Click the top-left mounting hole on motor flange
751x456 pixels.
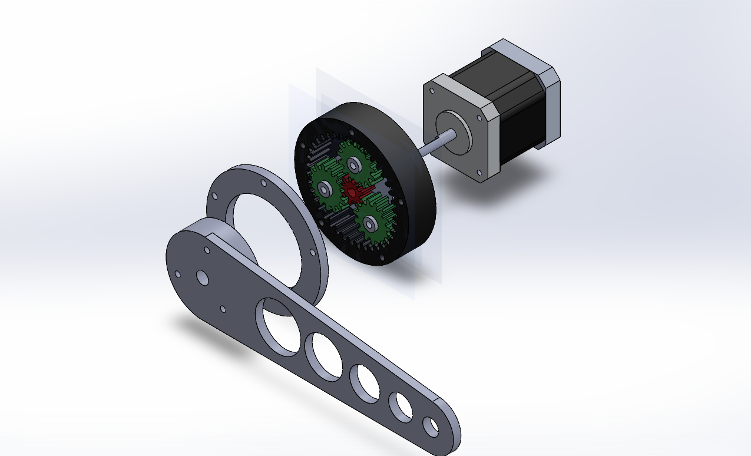[432, 92]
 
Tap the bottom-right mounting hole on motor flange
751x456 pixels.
[478, 173]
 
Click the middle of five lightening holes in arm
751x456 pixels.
[365, 383]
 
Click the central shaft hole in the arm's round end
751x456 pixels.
[202, 277]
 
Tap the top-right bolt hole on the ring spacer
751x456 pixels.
[263, 183]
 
